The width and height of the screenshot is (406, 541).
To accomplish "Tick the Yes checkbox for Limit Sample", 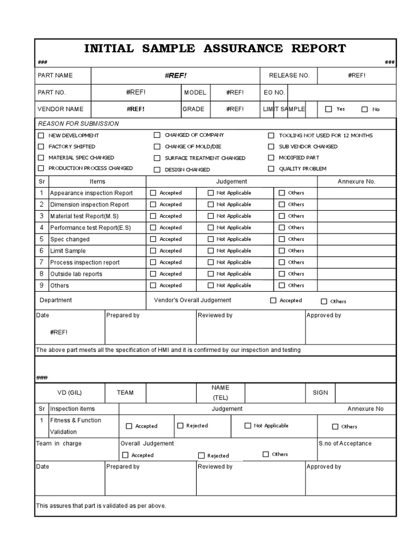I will pyautogui.click(x=329, y=109).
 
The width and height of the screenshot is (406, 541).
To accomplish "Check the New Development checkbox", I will pyautogui.click(x=41, y=136).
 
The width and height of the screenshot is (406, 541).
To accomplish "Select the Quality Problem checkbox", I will pyautogui.click(x=271, y=169).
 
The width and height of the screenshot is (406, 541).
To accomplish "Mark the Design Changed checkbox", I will pyautogui.click(x=157, y=170).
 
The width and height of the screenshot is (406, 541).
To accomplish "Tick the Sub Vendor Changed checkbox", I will pyautogui.click(x=271, y=147).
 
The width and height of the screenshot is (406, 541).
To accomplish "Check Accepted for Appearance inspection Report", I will pyautogui.click(x=153, y=193).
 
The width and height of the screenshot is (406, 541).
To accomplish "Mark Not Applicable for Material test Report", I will pyautogui.click(x=210, y=216).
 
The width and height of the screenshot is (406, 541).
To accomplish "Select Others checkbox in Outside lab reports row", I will pyautogui.click(x=282, y=274).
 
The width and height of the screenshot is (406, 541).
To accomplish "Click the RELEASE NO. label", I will pyautogui.click(x=289, y=76).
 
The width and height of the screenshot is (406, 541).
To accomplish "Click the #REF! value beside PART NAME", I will pyautogui.click(x=176, y=76).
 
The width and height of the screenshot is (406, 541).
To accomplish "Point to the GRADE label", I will pyautogui.click(x=193, y=109).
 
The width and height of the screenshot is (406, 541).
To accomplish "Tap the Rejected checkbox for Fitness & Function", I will pyautogui.click(x=180, y=426).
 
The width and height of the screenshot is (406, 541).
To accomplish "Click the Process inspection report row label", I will pyautogui.click(x=85, y=263).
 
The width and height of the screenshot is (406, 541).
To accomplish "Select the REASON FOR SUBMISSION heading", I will pyautogui.click(x=78, y=124).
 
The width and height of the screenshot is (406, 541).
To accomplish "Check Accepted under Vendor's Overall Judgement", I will pyautogui.click(x=273, y=301).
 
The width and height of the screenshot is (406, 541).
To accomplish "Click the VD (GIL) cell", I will pyautogui.click(x=69, y=393).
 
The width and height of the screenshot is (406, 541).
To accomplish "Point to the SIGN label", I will pyautogui.click(x=320, y=393).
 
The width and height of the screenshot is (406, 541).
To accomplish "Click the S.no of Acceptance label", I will pyautogui.click(x=345, y=444).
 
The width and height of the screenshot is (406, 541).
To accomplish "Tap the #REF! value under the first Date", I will pyautogui.click(x=59, y=332).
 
